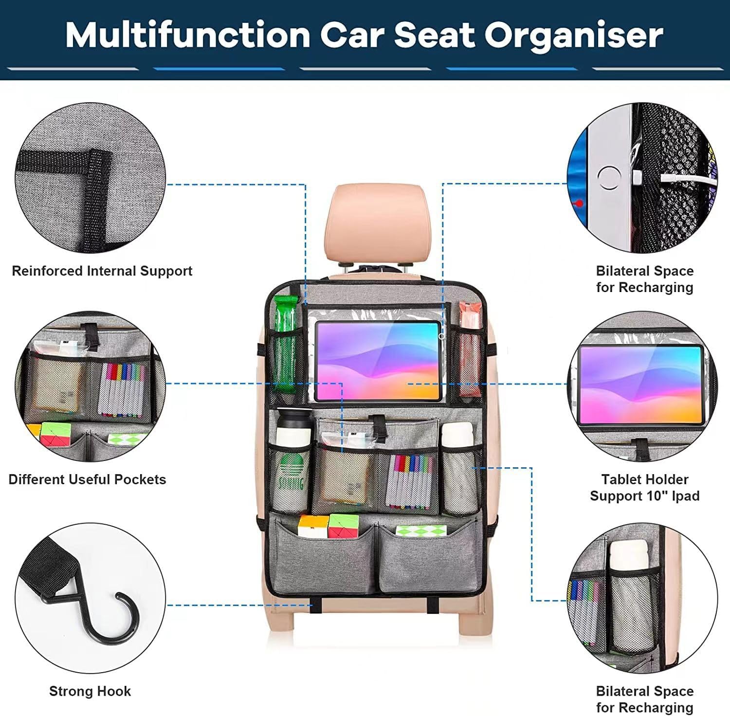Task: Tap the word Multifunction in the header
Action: click(188, 35)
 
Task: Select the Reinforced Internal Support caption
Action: click(102, 271)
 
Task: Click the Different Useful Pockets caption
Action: click(88, 479)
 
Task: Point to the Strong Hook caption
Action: click(90, 691)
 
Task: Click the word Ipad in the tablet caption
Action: click(684, 496)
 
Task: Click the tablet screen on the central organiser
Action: click(378, 360)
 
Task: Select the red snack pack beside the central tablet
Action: click(469, 346)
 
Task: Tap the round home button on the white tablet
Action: click(608, 178)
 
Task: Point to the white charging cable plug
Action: click(638, 178)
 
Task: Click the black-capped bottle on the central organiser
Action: click(293, 428)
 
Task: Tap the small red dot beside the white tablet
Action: click(579, 203)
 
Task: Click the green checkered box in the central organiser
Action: click(414, 531)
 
